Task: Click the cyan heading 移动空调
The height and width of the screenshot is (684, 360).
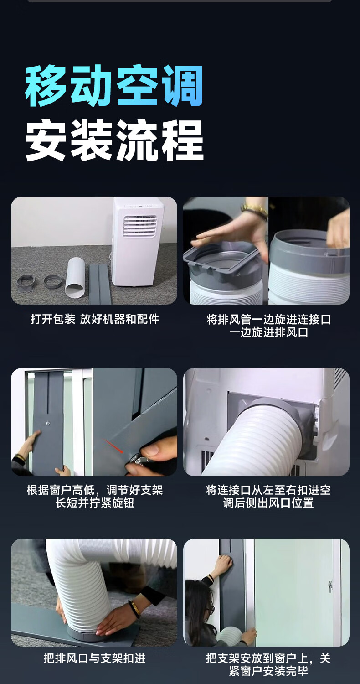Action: [114, 86]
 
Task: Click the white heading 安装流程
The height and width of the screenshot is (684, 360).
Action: [114, 140]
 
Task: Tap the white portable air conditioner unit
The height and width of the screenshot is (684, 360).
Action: [138, 242]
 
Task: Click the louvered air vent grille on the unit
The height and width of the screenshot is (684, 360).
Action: [140, 226]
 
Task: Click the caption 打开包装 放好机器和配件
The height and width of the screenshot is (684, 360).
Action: [95, 319]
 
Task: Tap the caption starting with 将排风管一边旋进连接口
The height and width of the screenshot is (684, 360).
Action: [268, 326]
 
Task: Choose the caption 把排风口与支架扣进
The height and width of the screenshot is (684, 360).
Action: [95, 658]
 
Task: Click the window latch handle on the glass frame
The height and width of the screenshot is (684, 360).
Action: [330, 587]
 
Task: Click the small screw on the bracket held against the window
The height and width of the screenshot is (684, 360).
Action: [47, 423]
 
